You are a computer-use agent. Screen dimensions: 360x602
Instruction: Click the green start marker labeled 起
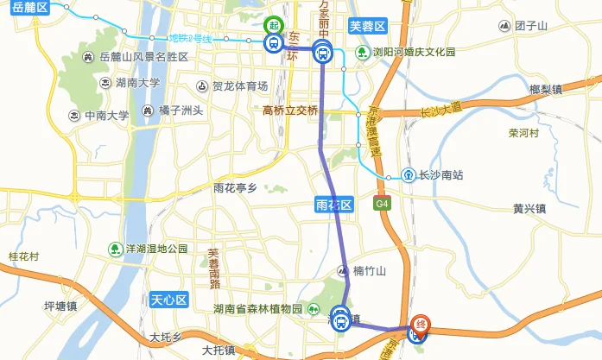(x=275, y=25)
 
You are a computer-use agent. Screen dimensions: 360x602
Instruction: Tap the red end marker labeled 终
(x=420, y=321)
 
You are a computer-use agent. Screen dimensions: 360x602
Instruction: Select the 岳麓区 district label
(x=31, y=6)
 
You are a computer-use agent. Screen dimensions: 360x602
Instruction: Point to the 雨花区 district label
(x=333, y=205)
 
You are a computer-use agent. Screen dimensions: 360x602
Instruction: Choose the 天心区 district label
(x=168, y=300)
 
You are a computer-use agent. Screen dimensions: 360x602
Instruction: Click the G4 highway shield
(x=382, y=204)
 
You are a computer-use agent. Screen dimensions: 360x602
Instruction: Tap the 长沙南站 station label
(x=440, y=175)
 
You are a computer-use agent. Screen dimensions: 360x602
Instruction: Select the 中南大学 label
(x=105, y=115)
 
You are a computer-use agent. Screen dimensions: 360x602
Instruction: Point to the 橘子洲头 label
(x=181, y=111)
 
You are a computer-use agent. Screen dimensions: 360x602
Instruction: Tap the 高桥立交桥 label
(x=290, y=111)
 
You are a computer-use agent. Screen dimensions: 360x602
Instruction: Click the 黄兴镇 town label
(x=529, y=208)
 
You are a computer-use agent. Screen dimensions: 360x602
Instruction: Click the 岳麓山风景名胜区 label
(x=143, y=57)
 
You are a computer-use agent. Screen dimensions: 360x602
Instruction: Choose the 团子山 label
(x=531, y=26)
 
